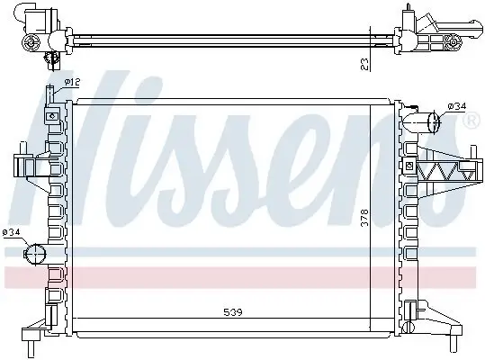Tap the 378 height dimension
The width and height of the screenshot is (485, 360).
(364, 219)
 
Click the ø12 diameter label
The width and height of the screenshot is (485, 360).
(72, 84)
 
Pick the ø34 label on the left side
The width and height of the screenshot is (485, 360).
(12, 232)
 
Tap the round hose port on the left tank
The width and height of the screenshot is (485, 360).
(37, 253)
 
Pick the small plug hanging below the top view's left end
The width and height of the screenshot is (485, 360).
(53, 59)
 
